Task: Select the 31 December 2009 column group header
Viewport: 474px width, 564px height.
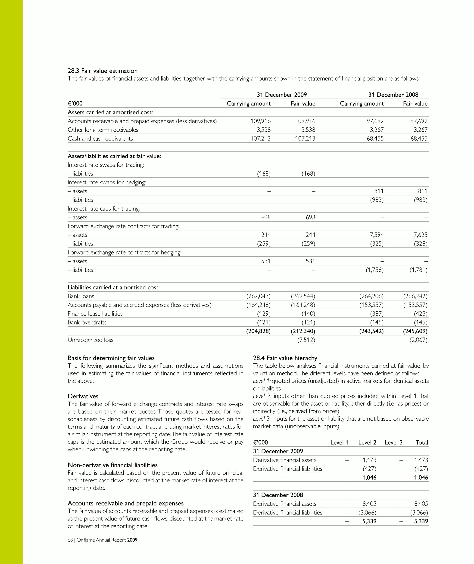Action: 282,95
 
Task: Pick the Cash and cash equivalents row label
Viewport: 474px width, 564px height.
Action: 100,139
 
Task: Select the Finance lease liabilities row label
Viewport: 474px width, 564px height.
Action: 95,314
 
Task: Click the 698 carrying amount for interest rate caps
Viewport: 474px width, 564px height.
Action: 266,217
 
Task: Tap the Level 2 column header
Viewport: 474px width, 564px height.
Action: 367,442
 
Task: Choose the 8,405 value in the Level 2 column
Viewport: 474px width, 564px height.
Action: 369,504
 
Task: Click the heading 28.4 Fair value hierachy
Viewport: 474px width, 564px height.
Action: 285,358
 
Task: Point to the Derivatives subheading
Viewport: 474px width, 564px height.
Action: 83,396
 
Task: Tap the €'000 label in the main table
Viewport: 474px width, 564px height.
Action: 75,104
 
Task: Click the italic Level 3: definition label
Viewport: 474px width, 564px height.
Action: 262,418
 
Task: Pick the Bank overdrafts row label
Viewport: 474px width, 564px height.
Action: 87,322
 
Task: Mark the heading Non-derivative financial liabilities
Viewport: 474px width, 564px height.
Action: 112,465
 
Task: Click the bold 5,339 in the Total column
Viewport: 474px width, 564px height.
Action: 421,521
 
